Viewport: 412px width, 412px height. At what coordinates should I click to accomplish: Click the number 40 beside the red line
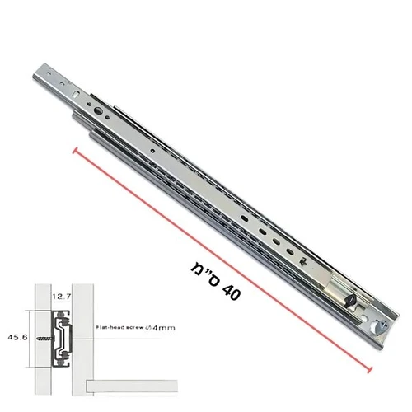(x=231, y=292)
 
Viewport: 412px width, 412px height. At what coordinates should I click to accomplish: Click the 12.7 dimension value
(x=62, y=297)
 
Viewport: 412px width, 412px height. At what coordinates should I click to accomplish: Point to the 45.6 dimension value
(x=17, y=337)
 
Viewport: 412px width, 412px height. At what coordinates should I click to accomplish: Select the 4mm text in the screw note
(x=164, y=328)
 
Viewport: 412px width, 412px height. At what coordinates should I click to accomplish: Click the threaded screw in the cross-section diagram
(x=44, y=339)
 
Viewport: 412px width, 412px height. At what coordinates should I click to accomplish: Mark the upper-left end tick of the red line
(x=75, y=151)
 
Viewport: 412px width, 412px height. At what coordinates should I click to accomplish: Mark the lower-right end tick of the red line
(x=370, y=370)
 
